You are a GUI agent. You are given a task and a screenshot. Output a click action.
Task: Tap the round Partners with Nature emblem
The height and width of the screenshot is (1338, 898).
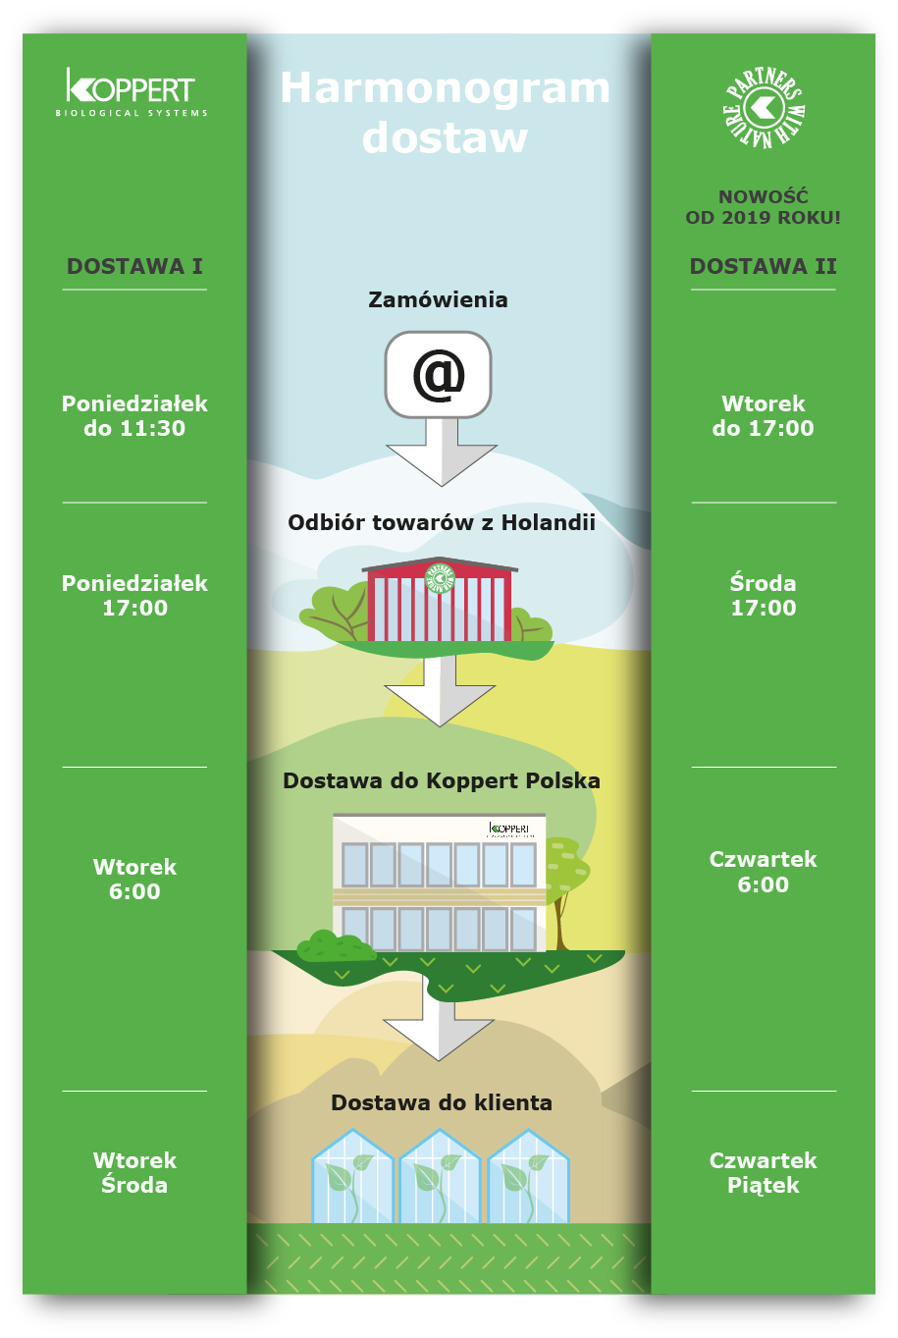764,107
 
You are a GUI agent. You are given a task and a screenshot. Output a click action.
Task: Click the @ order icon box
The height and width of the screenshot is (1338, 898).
438,375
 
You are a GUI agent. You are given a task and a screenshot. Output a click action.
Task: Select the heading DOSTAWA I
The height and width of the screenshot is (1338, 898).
134,266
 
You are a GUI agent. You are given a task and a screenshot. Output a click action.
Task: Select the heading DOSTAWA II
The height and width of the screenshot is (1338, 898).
763,266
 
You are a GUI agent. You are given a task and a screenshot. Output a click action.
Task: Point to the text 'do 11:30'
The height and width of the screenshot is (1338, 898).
134,428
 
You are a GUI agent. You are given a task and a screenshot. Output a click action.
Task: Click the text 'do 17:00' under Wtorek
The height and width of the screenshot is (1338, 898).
763,428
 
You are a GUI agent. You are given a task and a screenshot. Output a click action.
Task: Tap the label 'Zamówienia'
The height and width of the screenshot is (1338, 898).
438,299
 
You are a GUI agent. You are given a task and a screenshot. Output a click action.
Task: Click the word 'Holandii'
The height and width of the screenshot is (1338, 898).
548,522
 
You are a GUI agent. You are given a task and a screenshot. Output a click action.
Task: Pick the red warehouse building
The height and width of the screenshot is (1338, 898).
439,601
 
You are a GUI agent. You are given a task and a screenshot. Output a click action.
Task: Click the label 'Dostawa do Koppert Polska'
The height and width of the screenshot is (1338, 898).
442,780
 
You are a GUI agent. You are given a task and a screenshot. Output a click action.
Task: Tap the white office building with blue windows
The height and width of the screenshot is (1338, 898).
439,882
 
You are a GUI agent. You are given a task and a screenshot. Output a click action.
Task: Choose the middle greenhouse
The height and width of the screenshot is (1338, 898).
440,1178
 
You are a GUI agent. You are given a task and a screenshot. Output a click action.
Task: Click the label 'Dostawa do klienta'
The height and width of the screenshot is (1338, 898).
442,1102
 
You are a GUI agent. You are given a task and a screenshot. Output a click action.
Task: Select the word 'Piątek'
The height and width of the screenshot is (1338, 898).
763,1185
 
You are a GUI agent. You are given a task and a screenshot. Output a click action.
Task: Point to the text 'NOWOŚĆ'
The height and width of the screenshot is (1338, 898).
763,196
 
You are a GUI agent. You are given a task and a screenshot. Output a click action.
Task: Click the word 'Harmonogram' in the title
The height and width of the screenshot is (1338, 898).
446,88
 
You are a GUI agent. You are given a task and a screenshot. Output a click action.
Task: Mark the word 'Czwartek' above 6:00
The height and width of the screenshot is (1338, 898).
763,859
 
